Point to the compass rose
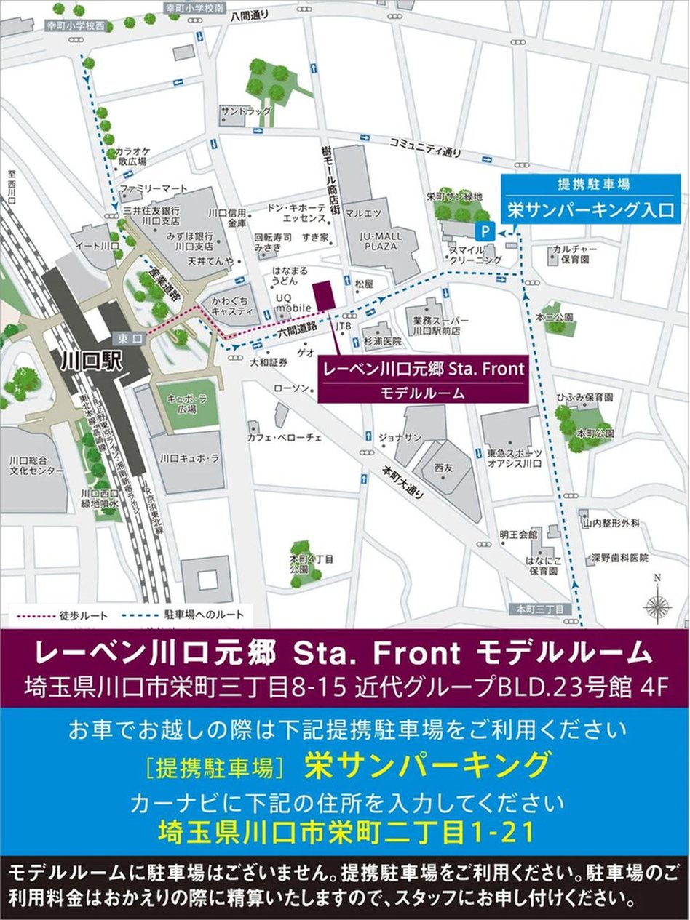[657, 606]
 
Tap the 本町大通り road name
[403, 481]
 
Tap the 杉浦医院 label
[384, 341]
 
